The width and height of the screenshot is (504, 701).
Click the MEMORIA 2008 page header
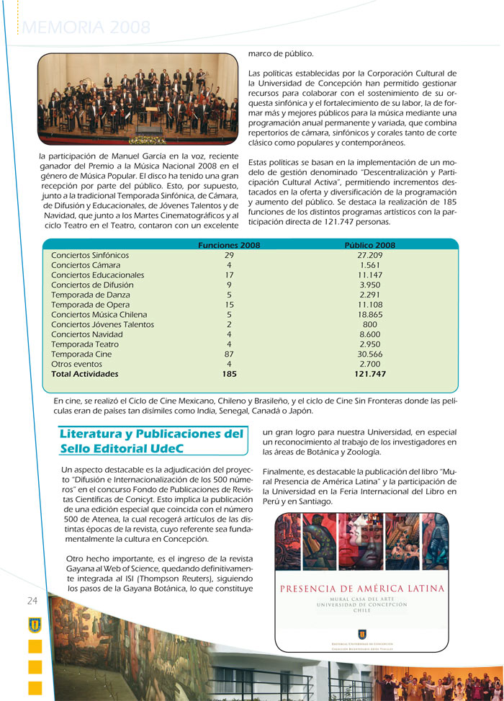click(87, 27)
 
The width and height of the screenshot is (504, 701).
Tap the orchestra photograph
click(138, 99)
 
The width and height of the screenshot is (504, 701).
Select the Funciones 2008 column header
click(229, 246)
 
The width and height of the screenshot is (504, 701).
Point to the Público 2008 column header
click(370, 246)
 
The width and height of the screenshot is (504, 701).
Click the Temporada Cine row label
click(81, 354)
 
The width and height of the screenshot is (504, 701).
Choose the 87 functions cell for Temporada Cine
click(229, 354)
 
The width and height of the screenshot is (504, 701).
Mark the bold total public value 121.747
click(370, 375)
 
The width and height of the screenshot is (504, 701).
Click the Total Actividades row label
click(84, 375)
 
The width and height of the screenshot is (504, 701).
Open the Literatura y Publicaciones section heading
click(151, 441)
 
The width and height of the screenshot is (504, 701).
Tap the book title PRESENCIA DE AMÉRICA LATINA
click(362, 589)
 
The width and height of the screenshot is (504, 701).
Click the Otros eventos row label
click(77, 365)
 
